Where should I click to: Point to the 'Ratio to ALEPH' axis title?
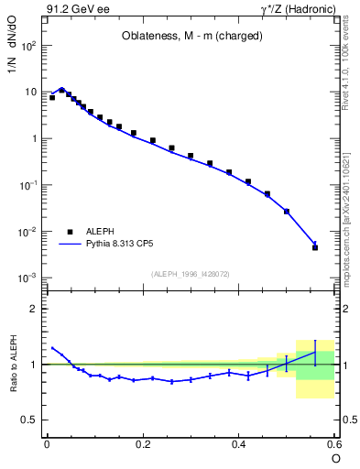click(12, 364)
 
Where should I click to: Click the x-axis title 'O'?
click(335, 457)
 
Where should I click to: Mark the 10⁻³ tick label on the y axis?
click(30, 278)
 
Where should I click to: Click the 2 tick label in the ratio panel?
click(35, 309)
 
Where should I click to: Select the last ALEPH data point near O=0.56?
click(315, 247)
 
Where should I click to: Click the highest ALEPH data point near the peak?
click(61, 90)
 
